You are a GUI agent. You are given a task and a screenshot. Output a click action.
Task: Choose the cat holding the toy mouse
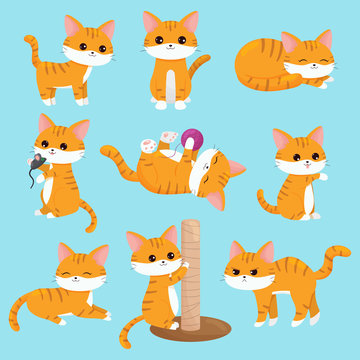[58, 170]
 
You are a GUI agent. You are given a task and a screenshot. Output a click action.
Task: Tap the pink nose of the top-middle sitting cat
[167, 44]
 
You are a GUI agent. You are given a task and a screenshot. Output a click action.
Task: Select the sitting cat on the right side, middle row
[295, 175]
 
